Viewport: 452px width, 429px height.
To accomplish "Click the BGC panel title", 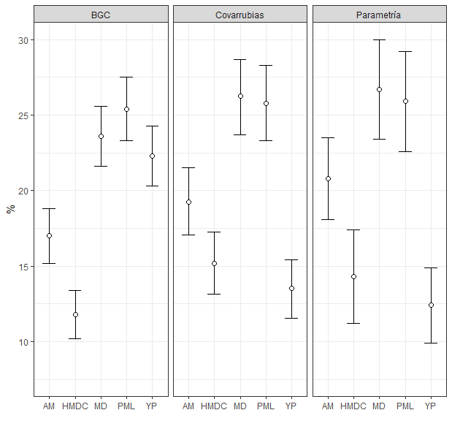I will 101,15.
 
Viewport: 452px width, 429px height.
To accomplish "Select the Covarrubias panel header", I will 240,15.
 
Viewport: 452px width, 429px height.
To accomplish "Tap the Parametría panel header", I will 379,15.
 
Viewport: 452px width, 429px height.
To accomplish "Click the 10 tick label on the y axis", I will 23,342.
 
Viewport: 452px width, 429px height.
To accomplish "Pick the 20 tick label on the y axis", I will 23,191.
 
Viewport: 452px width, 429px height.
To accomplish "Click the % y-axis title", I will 10,209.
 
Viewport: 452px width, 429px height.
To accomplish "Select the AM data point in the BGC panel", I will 49,235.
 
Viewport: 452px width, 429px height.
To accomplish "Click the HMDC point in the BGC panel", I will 75,314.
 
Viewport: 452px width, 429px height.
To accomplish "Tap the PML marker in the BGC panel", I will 127,109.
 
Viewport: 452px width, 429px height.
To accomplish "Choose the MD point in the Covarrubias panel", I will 240,96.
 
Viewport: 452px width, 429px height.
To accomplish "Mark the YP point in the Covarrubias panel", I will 291,288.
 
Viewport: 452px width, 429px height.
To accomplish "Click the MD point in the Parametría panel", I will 379,89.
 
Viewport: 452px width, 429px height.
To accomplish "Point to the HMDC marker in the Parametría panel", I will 353,276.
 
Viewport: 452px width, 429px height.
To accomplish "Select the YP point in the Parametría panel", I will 431,305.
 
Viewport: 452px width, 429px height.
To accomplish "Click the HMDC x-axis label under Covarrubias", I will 214,406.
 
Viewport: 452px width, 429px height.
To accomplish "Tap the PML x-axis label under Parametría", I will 405,406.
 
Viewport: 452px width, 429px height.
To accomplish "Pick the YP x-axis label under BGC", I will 153,406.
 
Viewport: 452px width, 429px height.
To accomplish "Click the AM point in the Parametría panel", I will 328,178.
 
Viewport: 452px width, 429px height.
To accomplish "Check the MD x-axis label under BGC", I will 101,406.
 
